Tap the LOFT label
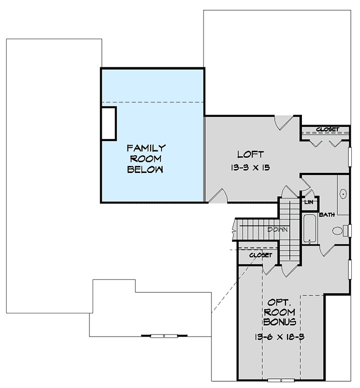point(250,154)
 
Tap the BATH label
point(327,214)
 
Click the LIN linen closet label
point(309,202)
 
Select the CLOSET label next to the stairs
point(260,255)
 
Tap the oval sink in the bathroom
point(343,195)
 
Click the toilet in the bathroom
point(340,230)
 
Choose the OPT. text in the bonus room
point(278,302)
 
